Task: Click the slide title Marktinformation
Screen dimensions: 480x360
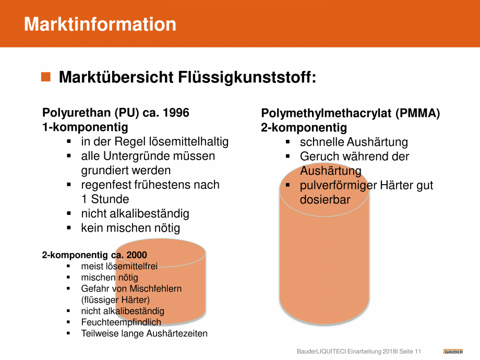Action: click(x=100, y=24)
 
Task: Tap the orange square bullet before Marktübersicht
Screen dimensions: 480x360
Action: click(x=46, y=77)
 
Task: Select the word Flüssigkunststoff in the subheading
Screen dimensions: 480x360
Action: click(x=247, y=77)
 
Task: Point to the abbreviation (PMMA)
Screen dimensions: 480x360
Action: click(x=417, y=113)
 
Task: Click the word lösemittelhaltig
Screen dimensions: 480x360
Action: click(x=189, y=142)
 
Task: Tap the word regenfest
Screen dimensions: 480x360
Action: click(x=104, y=185)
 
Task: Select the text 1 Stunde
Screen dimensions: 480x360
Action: click(x=105, y=199)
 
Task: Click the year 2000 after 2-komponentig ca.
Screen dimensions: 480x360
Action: click(x=137, y=255)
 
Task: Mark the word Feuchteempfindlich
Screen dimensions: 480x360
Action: click(x=121, y=322)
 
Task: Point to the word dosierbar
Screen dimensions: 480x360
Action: click(x=325, y=200)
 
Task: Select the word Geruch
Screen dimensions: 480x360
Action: click(x=319, y=157)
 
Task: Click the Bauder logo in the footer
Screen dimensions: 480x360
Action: click(x=453, y=352)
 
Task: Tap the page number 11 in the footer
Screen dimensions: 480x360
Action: click(x=418, y=352)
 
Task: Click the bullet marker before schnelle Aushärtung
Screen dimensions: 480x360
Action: click(x=287, y=142)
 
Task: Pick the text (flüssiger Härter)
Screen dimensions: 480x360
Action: click(x=115, y=300)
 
